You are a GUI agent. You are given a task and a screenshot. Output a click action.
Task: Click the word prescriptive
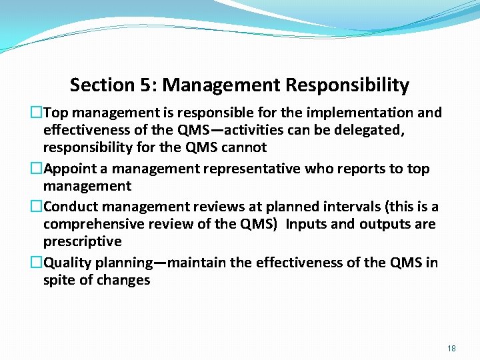point(83,241)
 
